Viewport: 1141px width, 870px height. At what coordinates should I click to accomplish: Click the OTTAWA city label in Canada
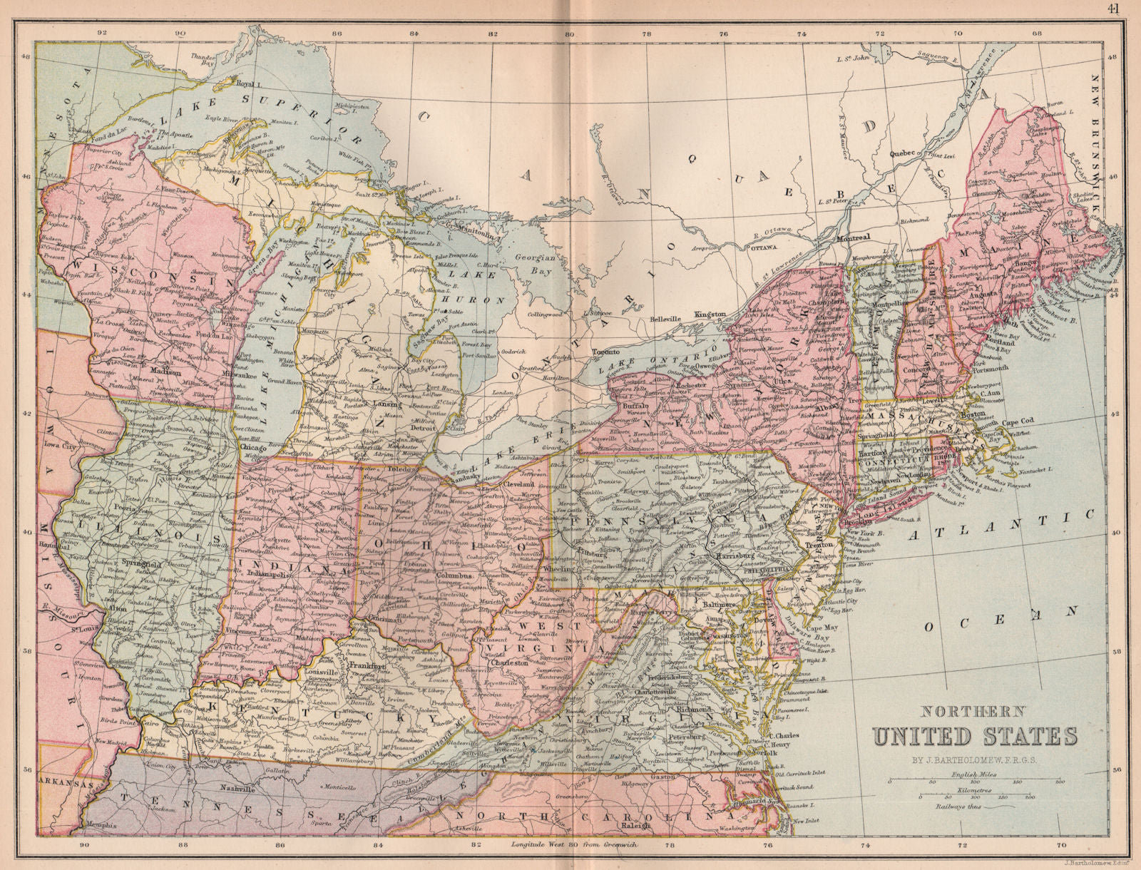[762, 247]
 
